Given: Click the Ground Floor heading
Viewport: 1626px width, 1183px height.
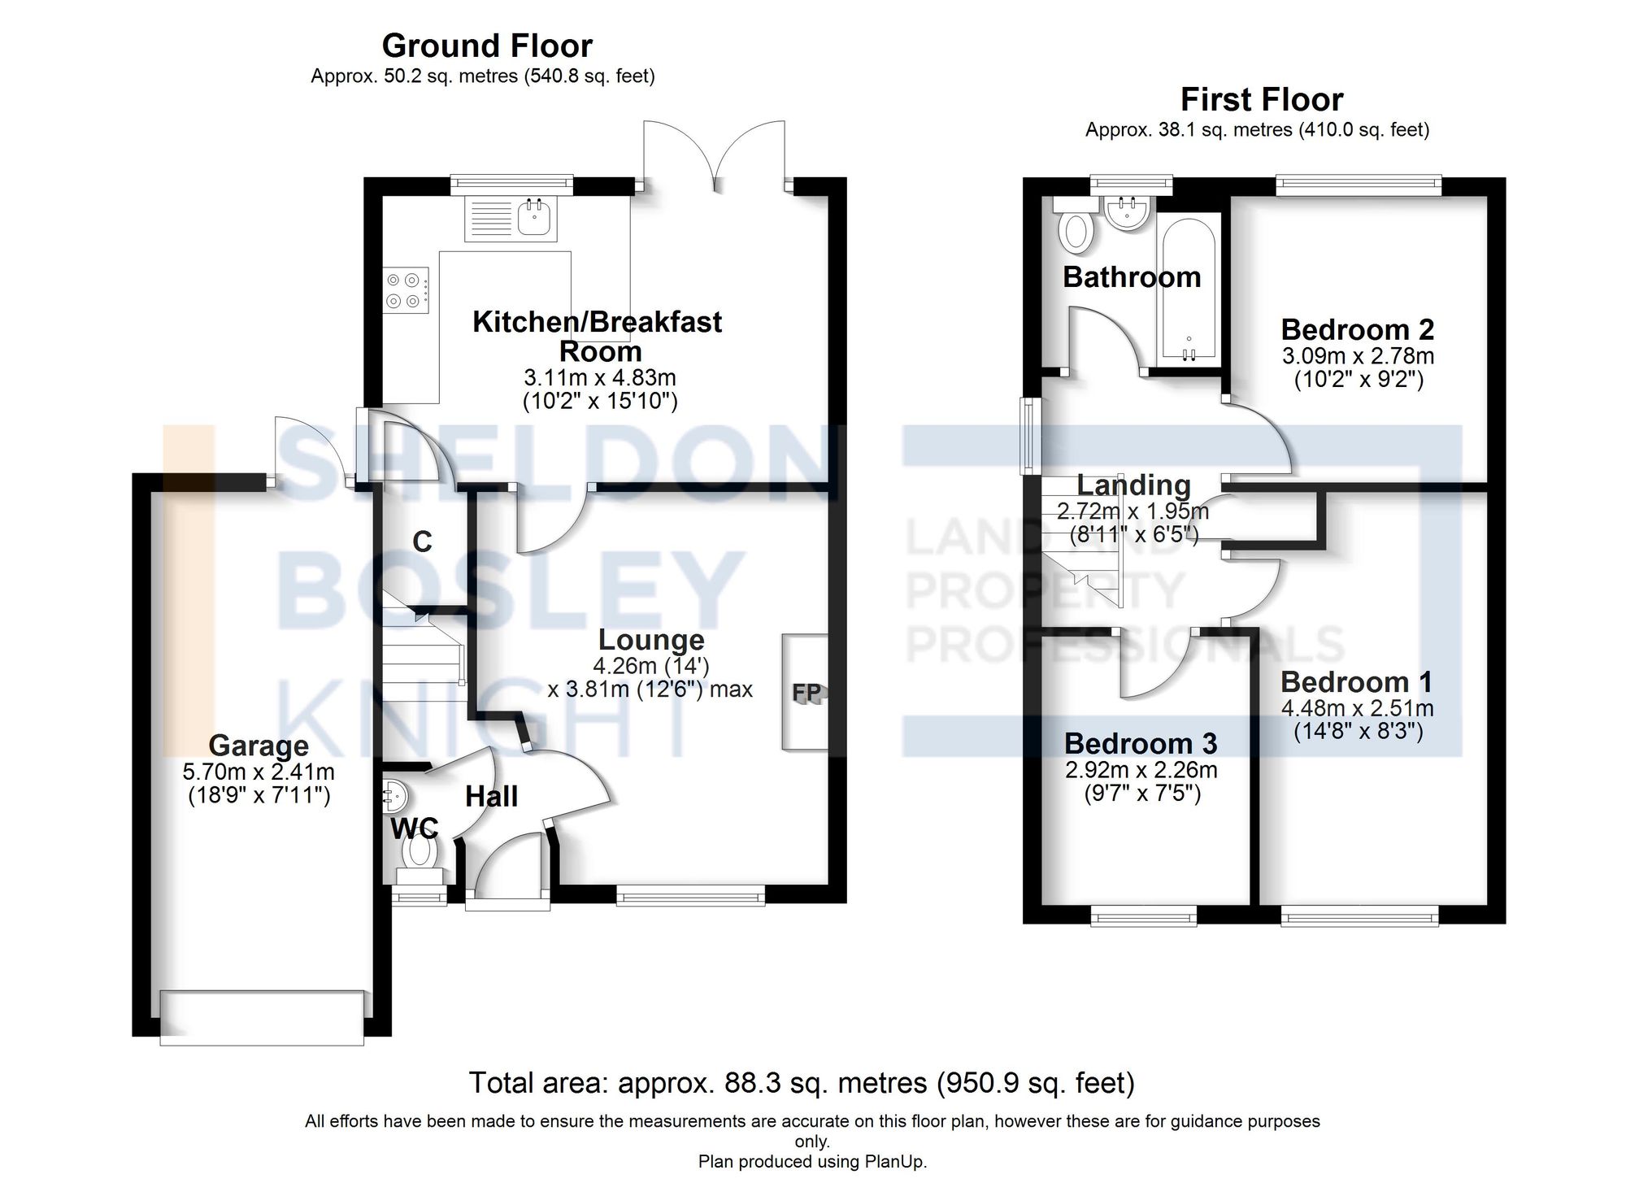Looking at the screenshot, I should (x=487, y=46).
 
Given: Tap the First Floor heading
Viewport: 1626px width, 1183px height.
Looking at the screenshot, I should (x=1261, y=99).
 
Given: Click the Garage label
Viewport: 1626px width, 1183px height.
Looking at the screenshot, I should (x=259, y=745).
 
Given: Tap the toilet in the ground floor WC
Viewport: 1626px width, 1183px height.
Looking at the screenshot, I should (x=420, y=851).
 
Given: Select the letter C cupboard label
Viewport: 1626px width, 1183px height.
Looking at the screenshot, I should (x=422, y=541).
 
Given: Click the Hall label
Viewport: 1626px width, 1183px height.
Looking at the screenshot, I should (x=491, y=796).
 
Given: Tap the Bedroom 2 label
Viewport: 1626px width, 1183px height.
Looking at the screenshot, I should (x=1357, y=329).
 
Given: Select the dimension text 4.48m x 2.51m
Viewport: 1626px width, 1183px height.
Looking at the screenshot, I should (x=1357, y=707).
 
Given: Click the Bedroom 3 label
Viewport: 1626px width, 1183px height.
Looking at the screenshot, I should (x=1141, y=743).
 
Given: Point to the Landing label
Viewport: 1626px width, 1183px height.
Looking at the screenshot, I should (x=1133, y=485).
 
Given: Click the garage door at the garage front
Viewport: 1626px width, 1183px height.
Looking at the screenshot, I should (x=262, y=1016).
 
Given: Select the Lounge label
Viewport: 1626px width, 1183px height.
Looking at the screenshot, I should (x=650, y=640).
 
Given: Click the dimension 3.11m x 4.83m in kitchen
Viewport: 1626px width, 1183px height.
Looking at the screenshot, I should (x=599, y=377).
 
